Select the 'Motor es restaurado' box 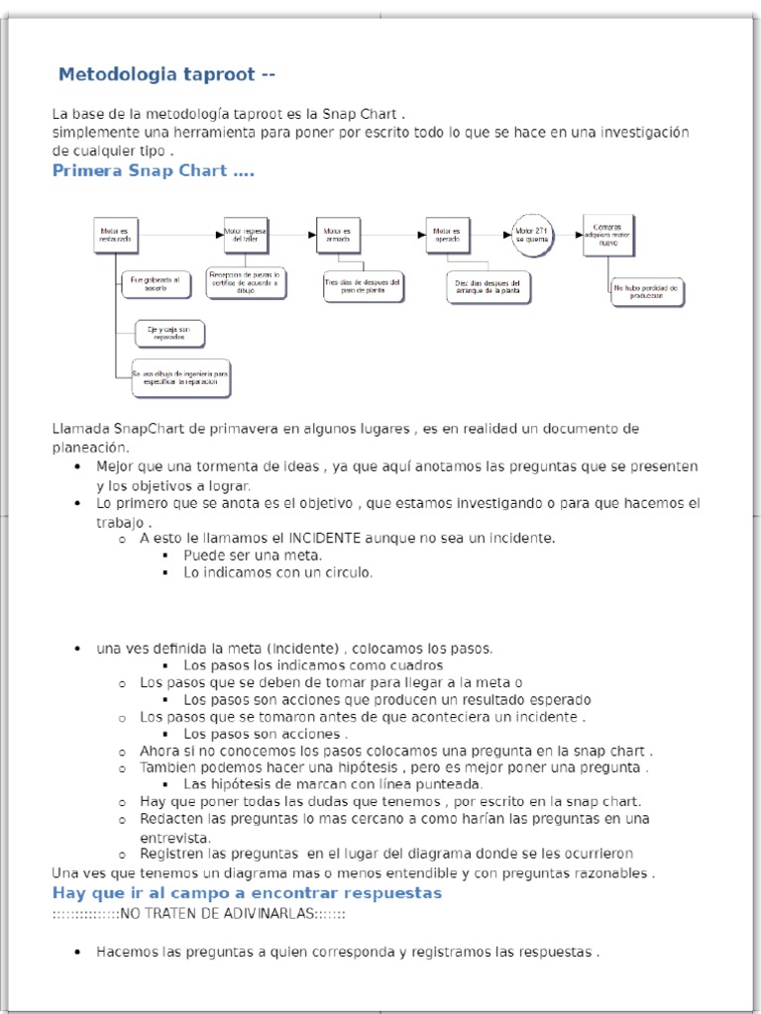tap(114, 237)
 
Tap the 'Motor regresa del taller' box tap(244, 235)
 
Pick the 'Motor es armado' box tap(337, 235)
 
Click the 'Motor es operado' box tap(447, 235)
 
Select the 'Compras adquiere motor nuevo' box tap(608, 235)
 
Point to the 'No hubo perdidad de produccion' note tap(646, 291)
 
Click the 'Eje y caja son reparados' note tap(169, 334)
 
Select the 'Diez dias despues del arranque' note tap(489, 287)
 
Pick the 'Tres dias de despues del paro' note tap(364, 286)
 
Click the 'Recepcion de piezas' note tap(245, 282)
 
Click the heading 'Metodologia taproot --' tap(167, 74)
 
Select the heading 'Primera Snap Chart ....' tap(153, 171)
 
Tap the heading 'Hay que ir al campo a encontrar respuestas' tap(247, 893)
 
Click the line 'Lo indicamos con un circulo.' tap(277, 572)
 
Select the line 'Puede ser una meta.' tap(253, 556)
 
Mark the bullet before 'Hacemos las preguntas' tap(77, 953)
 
